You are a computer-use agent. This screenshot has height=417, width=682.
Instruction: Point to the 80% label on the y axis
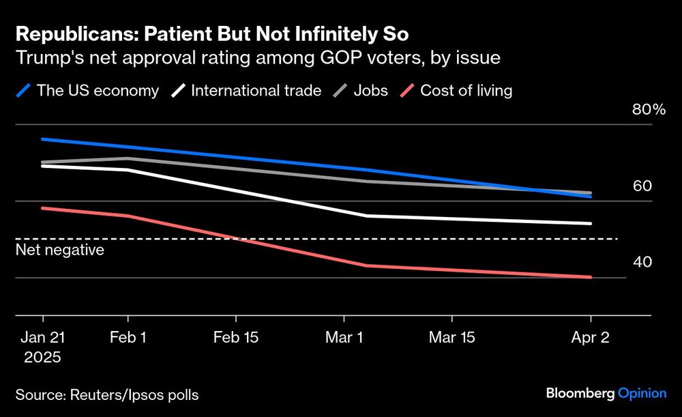coord(649,110)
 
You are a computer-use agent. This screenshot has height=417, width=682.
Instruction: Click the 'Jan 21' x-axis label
coord(43,337)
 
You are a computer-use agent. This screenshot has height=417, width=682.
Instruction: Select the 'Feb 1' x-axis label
coord(128,337)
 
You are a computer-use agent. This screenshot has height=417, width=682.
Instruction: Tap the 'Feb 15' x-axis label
coord(236,337)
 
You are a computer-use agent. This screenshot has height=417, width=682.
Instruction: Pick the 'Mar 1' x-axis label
coord(344,337)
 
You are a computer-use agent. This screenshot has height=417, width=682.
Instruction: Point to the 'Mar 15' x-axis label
coord(451,337)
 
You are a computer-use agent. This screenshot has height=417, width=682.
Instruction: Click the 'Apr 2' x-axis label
coord(591,337)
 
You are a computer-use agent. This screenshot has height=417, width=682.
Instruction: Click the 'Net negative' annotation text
coord(60,250)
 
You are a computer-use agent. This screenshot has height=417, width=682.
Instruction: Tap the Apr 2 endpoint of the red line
coord(591,277)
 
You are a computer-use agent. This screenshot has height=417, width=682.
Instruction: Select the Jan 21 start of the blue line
coord(43,139)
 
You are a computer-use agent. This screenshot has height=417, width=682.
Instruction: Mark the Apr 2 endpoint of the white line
coord(591,223)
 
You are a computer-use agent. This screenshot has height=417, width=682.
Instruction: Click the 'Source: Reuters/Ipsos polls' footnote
coord(107,394)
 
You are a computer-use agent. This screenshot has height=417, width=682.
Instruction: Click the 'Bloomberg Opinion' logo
coord(606,393)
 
